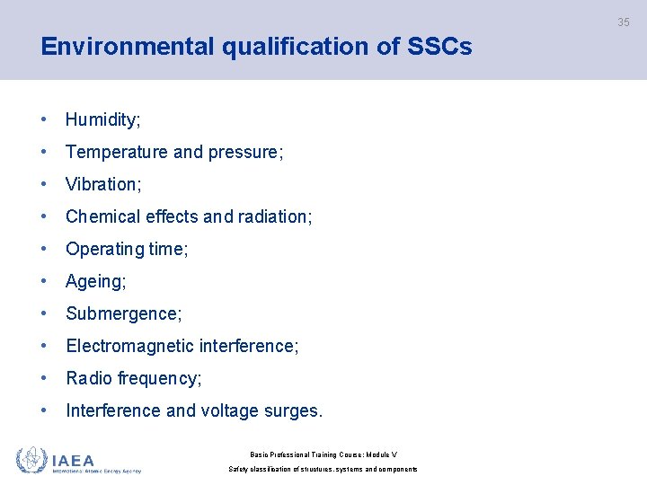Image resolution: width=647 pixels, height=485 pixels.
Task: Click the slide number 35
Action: click(623, 22)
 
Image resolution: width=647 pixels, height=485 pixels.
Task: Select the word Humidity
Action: click(101, 119)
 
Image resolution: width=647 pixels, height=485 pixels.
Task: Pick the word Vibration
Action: click(102, 184)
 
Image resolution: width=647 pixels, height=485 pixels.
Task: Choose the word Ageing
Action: click(94, 281)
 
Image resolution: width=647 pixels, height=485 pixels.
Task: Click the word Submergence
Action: click(122, 313)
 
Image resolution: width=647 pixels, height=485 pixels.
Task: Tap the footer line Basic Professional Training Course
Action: click(323, 454)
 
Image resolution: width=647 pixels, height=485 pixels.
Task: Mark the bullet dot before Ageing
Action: click(44, 281)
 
